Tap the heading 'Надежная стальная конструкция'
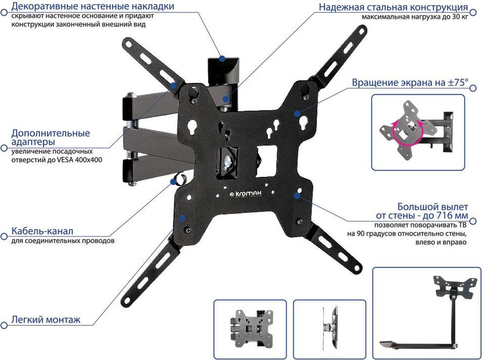[393, 8]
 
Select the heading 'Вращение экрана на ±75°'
[410, 84]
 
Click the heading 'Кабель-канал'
[42, 231]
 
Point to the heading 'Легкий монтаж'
[46, 320]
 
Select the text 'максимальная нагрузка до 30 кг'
[414, 17]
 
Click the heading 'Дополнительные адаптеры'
[51, 137]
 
